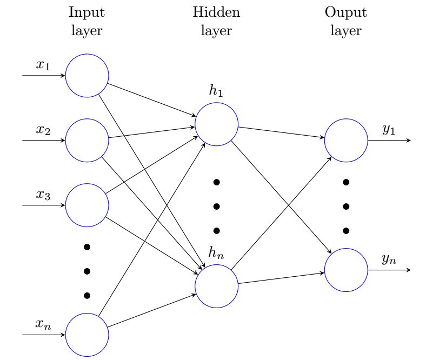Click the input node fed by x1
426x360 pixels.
coord(87,76)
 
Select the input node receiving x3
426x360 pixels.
coord(87,205)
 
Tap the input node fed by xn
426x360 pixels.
coord(87,335)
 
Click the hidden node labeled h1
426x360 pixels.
coord(216,124)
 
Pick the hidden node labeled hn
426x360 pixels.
coord(216,286)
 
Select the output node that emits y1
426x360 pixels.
coord(346,140)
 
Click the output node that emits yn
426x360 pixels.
coord(346,270)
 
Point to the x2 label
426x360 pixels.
coord(43,130)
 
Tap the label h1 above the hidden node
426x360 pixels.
coord(216,91)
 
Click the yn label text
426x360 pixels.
coord(389,259)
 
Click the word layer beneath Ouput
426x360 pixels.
coord(346,31)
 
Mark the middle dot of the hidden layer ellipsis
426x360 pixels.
coord(216,206)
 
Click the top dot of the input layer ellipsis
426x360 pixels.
coord(87,247)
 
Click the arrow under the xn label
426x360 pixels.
coord(43,335)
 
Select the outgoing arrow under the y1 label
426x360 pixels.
coord(389,140)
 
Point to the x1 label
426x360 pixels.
coord(43,65)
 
